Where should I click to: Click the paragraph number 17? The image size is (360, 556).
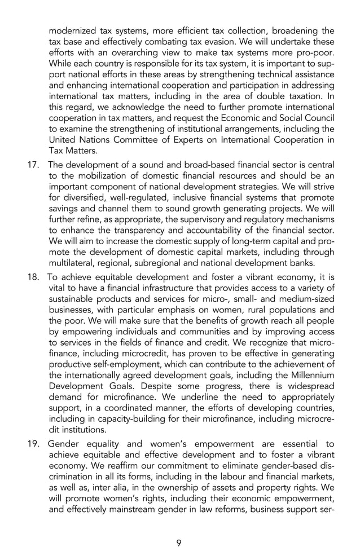point(33,165)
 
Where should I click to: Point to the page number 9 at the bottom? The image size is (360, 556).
point(179,543)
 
